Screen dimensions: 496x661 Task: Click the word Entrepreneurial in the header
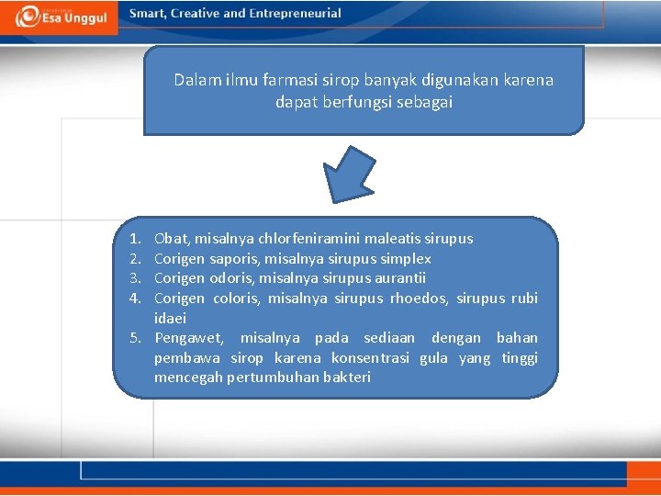(x=294, y=14)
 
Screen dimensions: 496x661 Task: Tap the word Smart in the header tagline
(x=149, y=14)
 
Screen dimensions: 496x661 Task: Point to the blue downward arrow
(x=350, y=175)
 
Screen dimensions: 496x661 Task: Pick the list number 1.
(x=134, y=239)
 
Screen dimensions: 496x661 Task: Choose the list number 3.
(x=134, y=278)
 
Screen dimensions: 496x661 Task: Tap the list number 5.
(x=134, y=338)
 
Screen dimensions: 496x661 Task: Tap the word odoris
(x=231, y=278)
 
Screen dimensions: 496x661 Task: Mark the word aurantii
(x=398, y=278)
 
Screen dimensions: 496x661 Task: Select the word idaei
(x=170, y=319)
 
